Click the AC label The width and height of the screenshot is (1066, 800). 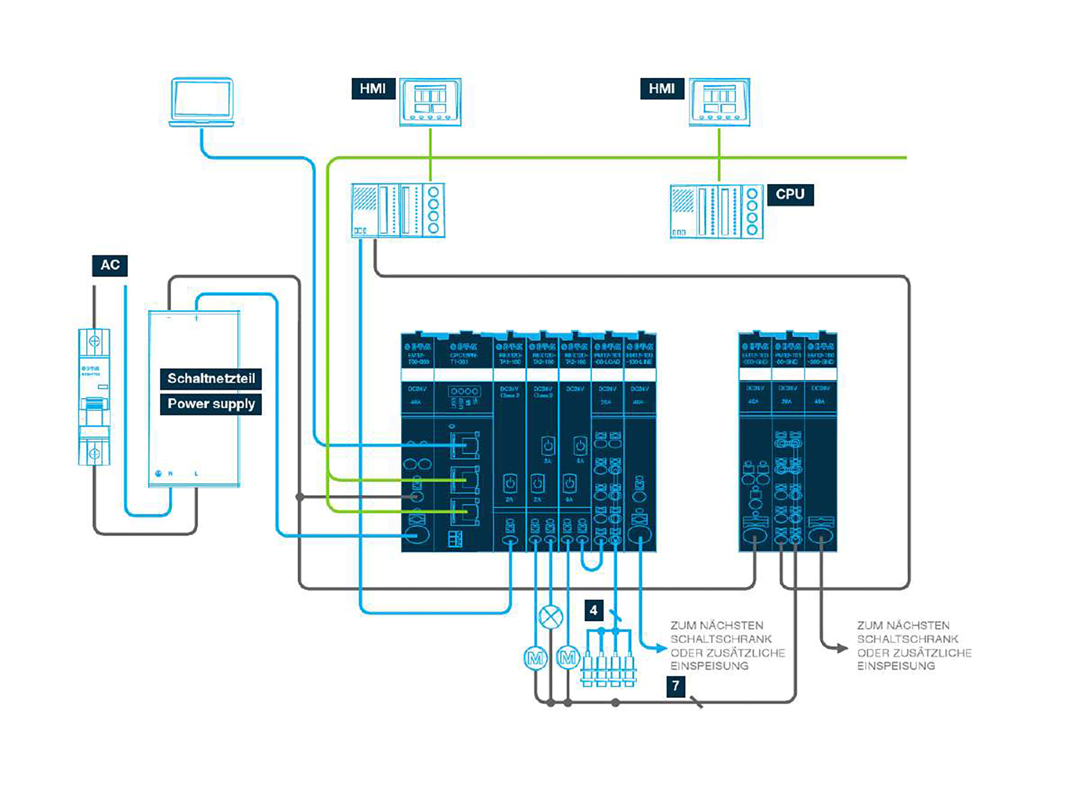(x=110, y=265)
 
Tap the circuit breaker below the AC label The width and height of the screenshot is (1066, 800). (x=94, y=397)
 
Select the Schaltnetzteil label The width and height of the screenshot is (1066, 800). (x=211, y=379)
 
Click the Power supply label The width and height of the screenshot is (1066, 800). (x=211, y=404)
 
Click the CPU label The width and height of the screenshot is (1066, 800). (x=790, y=195)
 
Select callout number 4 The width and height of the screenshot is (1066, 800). (x=593, y=611)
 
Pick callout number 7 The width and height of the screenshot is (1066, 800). (x=675, y=686)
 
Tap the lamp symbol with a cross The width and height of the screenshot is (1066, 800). (x=550, y=617)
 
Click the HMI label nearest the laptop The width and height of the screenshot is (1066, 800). (x=373, y=88)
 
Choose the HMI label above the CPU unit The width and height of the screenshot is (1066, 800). (x=662, y=88)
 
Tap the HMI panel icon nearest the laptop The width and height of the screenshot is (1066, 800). (x=430, y=102)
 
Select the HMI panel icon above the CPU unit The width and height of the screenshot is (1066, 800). (x=719, y=102)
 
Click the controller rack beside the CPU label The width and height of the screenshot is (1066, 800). (x=716, y=212)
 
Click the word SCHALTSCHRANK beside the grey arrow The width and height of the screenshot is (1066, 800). (x=907, y=639)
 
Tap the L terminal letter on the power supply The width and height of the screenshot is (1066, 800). (x=196, y=474)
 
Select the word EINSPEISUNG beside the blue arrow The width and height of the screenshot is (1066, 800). (x=709, y=666)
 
